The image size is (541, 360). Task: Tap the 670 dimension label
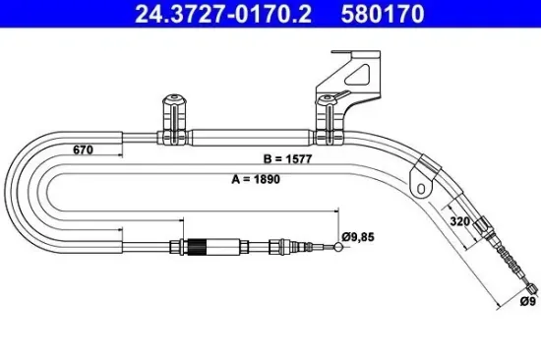(85, 150)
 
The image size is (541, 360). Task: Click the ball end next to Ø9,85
(339, 247)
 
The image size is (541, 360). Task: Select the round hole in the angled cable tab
(421, 184)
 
